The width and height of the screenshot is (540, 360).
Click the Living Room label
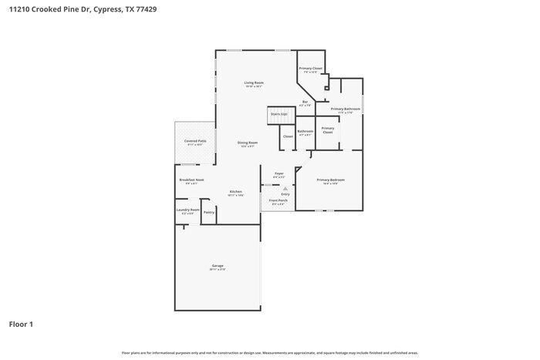[x=255, y=83]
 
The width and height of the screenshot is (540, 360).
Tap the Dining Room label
[x=248, y=143]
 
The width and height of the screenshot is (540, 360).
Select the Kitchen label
[x=236, y=192]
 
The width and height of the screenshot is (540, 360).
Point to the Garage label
[x=218, y=266]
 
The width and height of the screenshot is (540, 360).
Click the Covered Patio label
[x=195, y=142]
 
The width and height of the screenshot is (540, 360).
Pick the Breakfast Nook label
[x=191, y=180]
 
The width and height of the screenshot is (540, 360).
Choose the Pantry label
[x=208, y=211]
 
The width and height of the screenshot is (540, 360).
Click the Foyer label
[x=278, y=173]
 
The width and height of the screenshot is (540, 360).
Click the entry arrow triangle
[x=285, y=187]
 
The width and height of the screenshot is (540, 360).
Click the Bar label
[x=305, y=102]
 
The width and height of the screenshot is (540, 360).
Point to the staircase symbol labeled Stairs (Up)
[x=279, y=116]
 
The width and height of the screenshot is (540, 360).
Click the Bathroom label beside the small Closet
[x=305, y=131]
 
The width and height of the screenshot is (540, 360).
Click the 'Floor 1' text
[x=21, y=324]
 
